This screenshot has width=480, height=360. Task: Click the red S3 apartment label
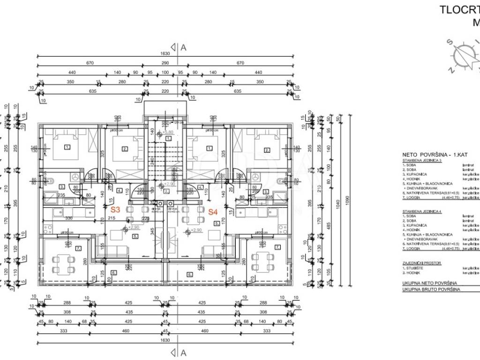click(x=115, y=211)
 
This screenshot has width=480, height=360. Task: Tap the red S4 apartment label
click(x=213, y=211)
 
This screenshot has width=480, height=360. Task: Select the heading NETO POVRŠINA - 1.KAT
click(x=435, y=154)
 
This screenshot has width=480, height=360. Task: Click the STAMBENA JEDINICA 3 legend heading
click(x=421, y=160)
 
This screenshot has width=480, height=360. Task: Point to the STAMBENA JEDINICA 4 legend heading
click(x=421, y=211)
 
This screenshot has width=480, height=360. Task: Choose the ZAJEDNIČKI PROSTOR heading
click(x=420, y=263)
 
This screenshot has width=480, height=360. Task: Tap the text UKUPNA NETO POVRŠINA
click(x=430, y=284)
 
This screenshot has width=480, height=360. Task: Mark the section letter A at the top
click(x=184, y=47)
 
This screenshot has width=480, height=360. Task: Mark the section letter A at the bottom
click(x=184, y=352)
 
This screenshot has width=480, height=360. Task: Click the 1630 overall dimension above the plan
click(x=165, y=54)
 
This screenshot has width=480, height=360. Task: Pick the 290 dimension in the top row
click(x=165, y=63)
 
